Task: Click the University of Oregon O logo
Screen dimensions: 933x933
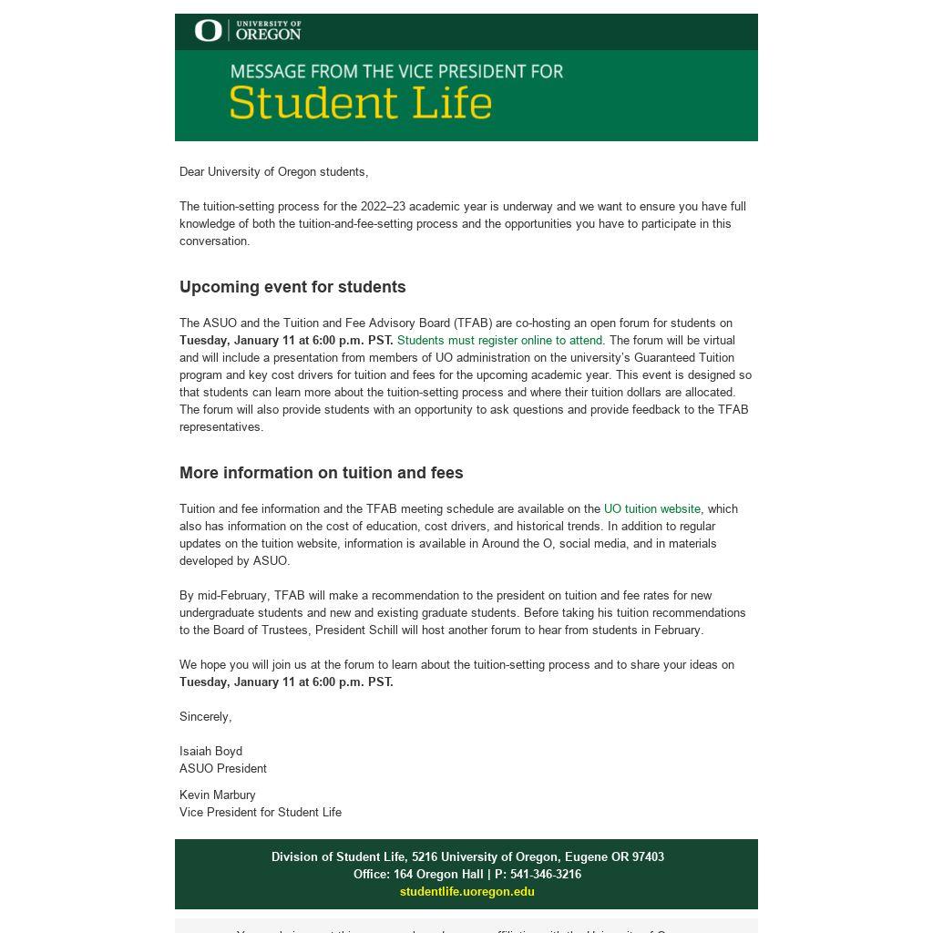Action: [x=208, y=31]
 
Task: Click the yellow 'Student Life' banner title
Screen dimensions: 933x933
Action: [x=360, y=102]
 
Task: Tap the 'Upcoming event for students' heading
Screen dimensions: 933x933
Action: [x=292, y=287]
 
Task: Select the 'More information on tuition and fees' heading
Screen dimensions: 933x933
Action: [x=321, y=473]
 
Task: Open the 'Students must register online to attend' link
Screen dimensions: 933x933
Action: [x=500, y=341]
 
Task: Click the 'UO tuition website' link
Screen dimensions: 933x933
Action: [x=651, y=509]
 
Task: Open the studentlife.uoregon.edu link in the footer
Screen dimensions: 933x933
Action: [x=466, y=892]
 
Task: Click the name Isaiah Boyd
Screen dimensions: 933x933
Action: [x=210, y=752]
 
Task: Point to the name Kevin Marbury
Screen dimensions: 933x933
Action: [x=217, y=795]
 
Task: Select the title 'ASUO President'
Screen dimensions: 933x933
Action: [x=223, y=769]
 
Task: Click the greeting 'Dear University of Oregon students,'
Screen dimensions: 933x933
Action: [x=273, y=172]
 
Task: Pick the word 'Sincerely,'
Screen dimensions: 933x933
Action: [x=205, y=717]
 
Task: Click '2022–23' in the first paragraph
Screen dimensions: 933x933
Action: [x=383, y=207]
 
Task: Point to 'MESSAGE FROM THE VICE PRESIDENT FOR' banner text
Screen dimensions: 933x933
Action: [x=396, y=71]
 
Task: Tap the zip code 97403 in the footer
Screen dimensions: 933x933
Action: [x=647, y=857]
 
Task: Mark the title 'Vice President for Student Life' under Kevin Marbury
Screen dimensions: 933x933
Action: [x=261, y=813]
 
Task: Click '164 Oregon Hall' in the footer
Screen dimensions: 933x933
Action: [x=437, y=875]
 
